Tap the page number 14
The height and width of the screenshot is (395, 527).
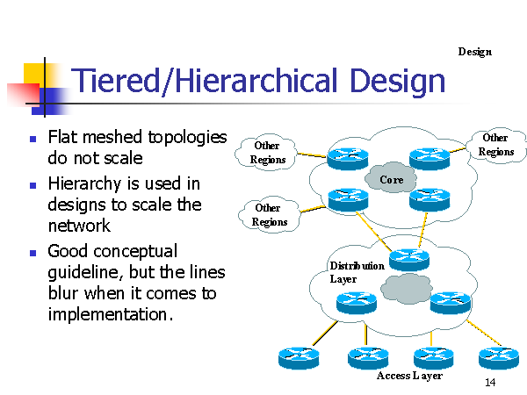(490, 384)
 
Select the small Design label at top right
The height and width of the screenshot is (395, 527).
(474, 52)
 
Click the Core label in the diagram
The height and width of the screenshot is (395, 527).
(391, 180)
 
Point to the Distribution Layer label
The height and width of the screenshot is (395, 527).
(356, 272)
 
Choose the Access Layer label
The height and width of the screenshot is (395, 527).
(408, 376)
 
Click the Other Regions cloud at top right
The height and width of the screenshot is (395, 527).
(495, 145)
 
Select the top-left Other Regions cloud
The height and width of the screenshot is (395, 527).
(268, 152)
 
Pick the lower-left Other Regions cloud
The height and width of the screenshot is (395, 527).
(268, 214)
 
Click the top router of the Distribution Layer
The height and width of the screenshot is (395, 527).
(409, 258)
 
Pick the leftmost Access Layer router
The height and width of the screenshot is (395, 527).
(299, 357)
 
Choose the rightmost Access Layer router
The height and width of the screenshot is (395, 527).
(498, 356)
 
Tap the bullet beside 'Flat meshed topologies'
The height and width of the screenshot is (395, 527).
(32, 139)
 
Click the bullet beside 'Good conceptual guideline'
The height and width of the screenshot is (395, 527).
(32, 252)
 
